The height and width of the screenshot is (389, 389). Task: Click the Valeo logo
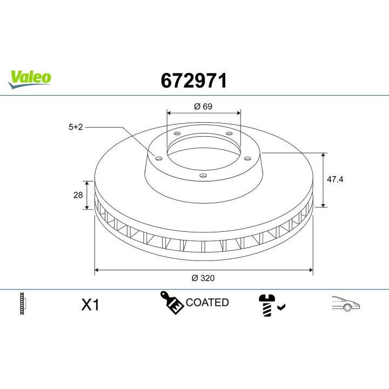[x=30, y=78]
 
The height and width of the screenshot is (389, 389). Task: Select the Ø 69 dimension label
[x=203, y=106]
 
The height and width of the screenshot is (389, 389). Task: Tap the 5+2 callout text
[x=75, y=128]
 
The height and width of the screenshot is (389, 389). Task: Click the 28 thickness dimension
[x=77, y=194]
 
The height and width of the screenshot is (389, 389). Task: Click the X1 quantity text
[x=90, y=305]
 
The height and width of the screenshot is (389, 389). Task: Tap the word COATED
[x=207, y=303]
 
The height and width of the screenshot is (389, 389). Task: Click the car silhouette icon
[x=345, y=304]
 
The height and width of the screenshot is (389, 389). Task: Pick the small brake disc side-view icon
[x=22, y=304]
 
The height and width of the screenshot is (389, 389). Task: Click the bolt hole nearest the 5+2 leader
[x=158, y=158]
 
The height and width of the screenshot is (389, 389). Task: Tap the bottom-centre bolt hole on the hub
[x=203, y=175]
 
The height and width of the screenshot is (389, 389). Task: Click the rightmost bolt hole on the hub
[x=247, y=158]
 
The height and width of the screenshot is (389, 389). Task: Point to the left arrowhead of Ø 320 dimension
[x=97, y=269]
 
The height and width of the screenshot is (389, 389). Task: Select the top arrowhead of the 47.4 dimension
[x=323, y=155]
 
